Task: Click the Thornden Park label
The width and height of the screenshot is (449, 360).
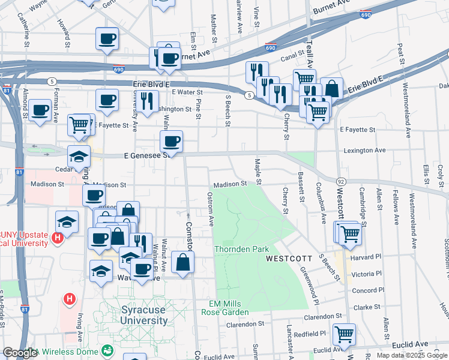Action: (242, 249)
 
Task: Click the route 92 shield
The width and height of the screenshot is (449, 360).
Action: (340, 181)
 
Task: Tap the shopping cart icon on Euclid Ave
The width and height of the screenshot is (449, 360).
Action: (345, 334)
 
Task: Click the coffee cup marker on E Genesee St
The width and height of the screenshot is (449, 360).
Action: (172, 142)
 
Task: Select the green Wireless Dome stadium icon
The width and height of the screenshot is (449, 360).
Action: (108, 350)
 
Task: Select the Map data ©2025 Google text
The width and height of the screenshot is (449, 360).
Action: (412, 355)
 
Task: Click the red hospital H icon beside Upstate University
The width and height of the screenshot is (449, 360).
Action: (58, 238)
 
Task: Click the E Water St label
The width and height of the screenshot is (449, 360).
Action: (187, 92)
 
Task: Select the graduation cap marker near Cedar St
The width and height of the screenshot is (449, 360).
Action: (79, 156)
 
